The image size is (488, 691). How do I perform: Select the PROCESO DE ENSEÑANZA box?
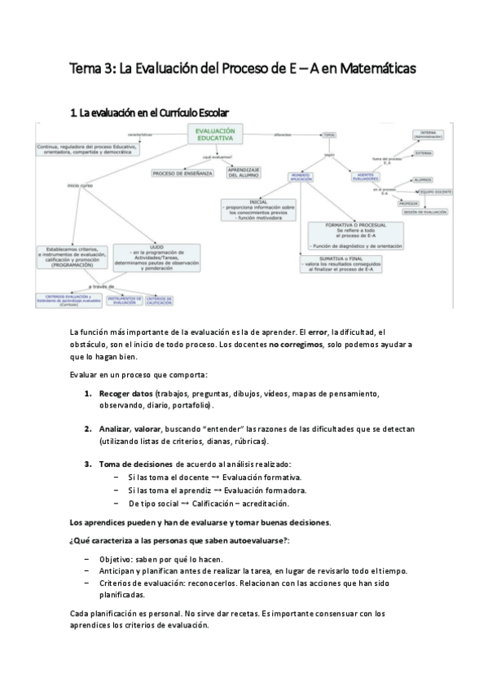pos(182,174)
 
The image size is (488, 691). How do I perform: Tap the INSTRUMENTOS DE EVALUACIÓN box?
pos(125,301)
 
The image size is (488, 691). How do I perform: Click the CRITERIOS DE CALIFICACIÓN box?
pos(159,301)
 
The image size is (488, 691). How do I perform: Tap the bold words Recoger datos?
pos(126,394)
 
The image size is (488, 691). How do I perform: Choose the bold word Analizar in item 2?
pos(113,429)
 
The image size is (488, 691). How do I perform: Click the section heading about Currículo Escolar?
pos(150,112)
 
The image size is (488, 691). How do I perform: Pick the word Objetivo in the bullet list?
pos(117,559)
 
